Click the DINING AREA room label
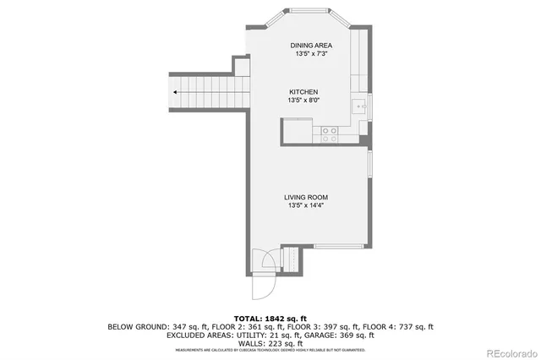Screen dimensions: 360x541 coord(310,45)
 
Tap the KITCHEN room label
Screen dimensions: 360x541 coord(304,92)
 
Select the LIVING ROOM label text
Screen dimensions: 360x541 coord(304,197)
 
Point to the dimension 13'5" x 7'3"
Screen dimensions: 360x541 coord(310,54)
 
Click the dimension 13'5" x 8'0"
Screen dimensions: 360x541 coord(304,101)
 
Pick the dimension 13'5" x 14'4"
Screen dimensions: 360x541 coord(304,205)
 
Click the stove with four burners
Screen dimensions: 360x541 coord(329,132)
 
